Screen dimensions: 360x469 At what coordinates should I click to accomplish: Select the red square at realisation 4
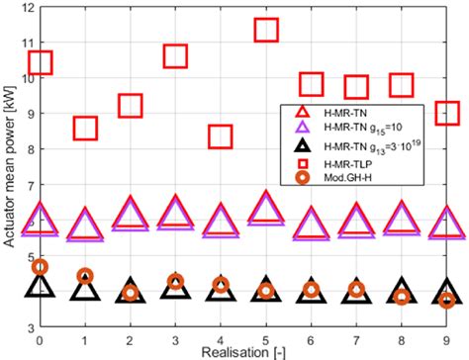(221, 135)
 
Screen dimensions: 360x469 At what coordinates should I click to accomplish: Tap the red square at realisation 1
(85, 127)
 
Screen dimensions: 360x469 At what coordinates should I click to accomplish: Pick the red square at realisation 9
(447, 112)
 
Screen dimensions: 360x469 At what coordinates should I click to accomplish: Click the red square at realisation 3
(175, 55)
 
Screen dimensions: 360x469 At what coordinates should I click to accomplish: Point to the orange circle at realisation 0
(40, 267)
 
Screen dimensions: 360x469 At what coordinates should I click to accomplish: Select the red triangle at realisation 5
(266, 208)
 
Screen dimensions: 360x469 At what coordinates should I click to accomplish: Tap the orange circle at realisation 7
(357, 290)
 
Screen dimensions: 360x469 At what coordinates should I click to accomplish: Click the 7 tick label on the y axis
(29, 185)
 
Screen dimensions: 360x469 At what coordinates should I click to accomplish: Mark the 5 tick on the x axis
(266, 338)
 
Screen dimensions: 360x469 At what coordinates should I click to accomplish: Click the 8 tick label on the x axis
(402, 338)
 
